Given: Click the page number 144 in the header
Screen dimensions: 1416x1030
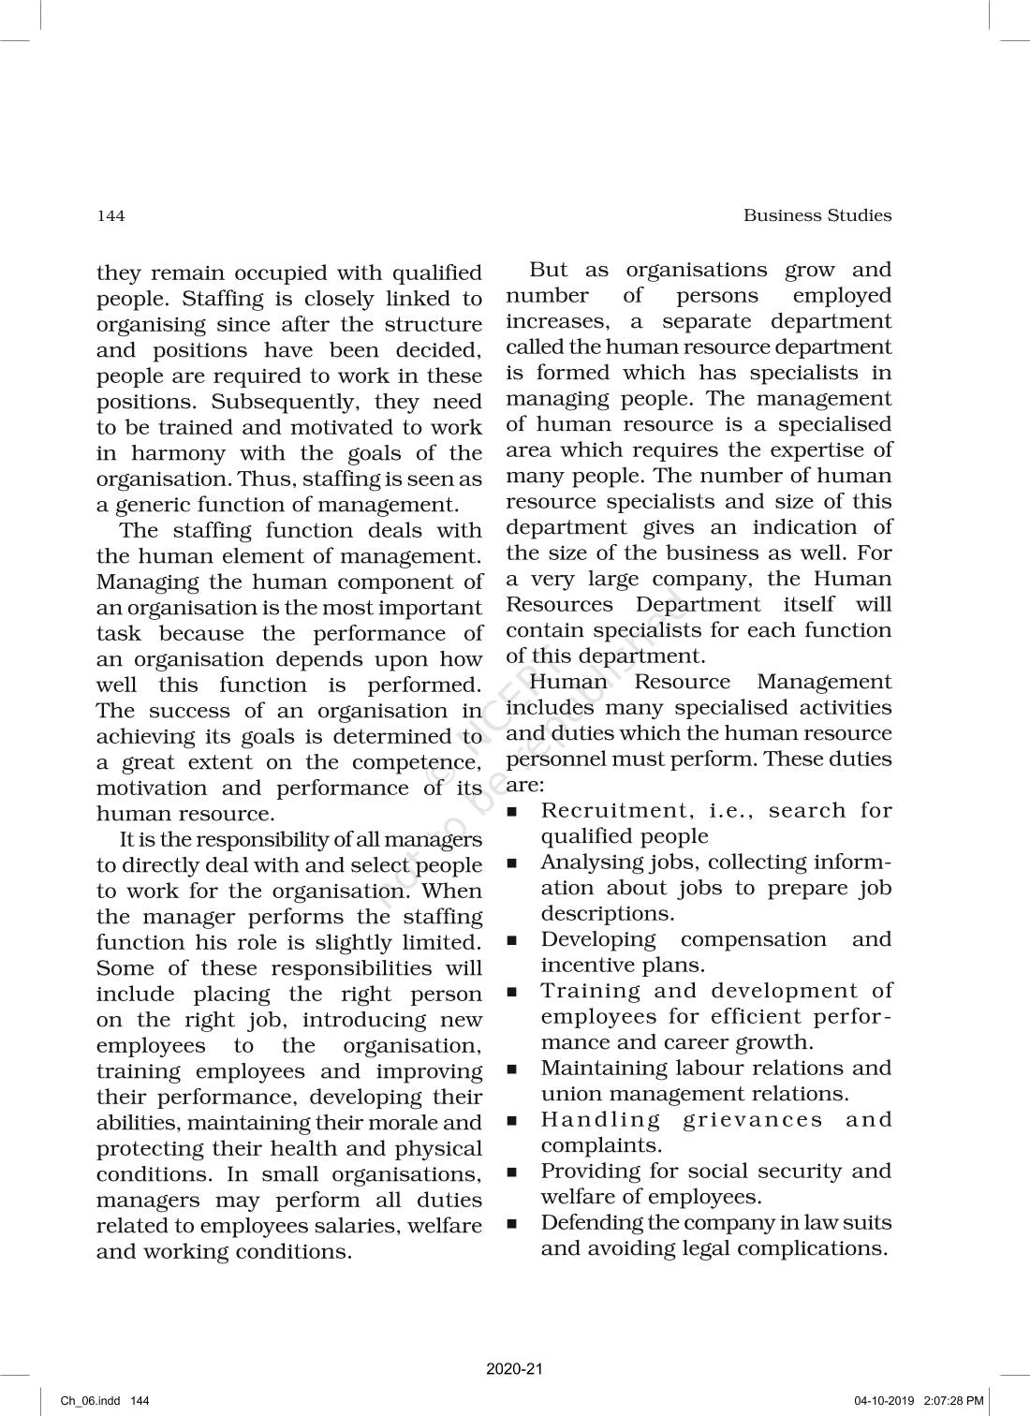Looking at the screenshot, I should click(110, 216).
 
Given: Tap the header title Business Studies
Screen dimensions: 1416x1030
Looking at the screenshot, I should click(817, 215).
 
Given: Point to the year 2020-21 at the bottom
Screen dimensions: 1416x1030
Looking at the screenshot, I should click(514, 1369).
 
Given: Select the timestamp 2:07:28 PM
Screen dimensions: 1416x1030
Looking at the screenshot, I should click(953, 1401).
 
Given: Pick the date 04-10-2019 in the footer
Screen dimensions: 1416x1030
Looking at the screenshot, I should click(884, 1401).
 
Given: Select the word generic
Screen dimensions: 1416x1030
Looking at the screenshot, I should click(155, 505).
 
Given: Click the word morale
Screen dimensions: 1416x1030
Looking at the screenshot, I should click(403, 1123).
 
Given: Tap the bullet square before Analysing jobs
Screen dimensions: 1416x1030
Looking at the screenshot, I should click(512, 863).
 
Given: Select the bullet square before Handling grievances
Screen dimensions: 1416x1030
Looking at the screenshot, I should click(512, 1120).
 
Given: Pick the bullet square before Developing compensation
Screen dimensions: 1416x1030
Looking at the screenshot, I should click(512, 940).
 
